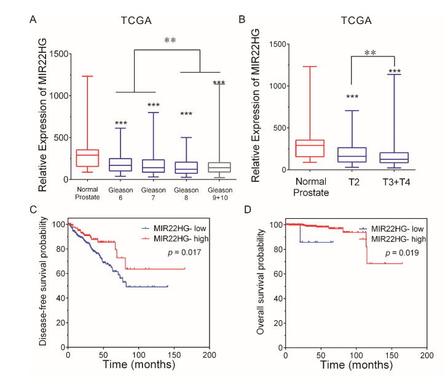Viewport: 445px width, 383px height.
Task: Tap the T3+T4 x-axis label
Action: click(x=394, y=182)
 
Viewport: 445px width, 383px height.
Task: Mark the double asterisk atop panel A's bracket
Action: click(x=170, y=41)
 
